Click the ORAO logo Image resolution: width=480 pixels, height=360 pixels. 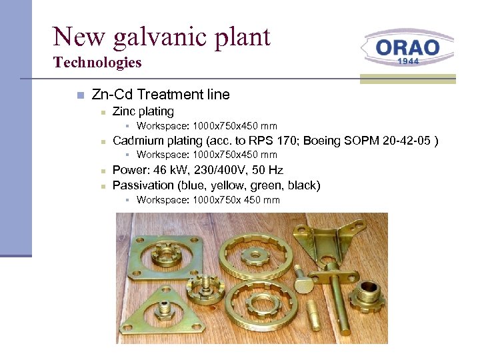click(x=408, y=49)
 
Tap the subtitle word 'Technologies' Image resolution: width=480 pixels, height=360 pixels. click(x=97, y=63)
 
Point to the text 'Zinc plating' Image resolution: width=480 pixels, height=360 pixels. click(x=143, y=111)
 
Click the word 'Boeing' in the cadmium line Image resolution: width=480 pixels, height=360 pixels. click(x=321, y=141)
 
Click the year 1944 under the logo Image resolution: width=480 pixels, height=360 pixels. click(x=408, y=61)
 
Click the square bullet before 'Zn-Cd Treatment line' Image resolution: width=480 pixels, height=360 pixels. click(x=79, y=95)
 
